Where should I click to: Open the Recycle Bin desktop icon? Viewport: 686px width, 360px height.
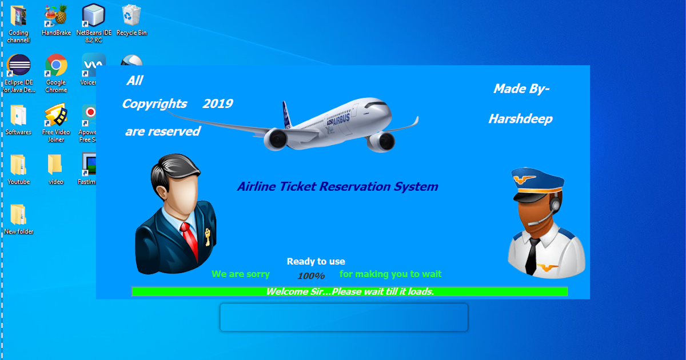pyautogui.click(x=131, y=15)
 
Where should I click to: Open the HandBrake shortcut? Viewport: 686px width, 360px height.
pyautogui.click(x=56, y=15)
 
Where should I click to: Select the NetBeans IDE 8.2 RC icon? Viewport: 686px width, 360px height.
pyautogui.click(x=94, y=15)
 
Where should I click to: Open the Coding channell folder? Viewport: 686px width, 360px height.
pyautogui.click(x=18, y=15)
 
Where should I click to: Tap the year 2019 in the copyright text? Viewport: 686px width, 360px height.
pyautogui.click(x=217, y=103)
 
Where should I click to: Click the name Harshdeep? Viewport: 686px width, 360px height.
pyautogui.click(x=520, y=119)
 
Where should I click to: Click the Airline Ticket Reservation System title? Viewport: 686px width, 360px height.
pyautogui.click(x=337, y=186)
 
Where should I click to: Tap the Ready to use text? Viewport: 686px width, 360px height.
pyautogui.click(x=316, y=261)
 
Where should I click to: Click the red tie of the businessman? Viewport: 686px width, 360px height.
pyautogui.click(x=190, y=240)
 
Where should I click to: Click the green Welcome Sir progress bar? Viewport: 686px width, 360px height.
pyautogui.click(x=349, y=291)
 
